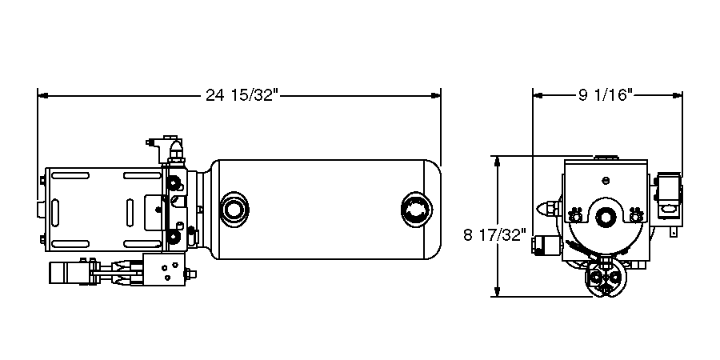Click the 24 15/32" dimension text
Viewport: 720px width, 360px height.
click(x=241, y=96)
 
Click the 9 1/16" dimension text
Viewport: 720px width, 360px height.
click(x=606, y=95)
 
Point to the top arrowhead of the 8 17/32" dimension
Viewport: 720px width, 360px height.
click(x=498, y=161)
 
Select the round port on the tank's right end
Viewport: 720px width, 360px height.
click(x=415, y=210)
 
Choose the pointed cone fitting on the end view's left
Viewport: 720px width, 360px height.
click(x=550, y=209)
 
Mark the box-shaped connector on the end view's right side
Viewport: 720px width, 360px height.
click(x=667, y=199)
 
